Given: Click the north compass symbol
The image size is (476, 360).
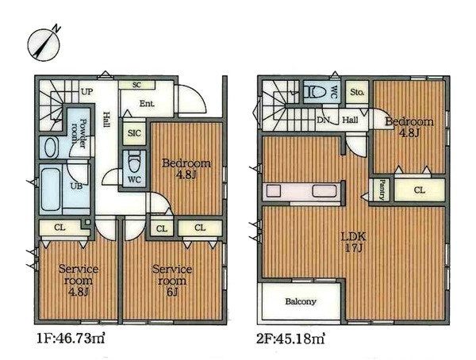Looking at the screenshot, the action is (x=44, y=44).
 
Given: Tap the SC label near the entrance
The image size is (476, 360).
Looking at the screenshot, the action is (x=136, y=85).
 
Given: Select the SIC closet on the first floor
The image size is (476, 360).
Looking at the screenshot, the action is (x=134, y=132).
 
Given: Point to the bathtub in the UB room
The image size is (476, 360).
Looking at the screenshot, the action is (x=51, y=189).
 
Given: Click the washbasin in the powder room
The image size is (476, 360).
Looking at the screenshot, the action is (x=51, y=147).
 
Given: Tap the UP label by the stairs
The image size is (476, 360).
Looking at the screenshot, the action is (x=86, y=91).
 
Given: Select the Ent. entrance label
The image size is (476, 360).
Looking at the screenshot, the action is (x=147, y=104).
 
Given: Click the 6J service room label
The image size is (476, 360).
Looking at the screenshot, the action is (x=172, y=281).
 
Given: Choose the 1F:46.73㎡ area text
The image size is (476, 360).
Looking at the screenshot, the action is (x=71, y=339).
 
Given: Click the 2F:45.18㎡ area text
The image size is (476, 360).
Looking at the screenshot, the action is (x=290, y=339).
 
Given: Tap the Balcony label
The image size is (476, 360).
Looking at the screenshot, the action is (x=301, y=301).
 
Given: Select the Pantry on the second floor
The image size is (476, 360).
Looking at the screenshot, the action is (x=382, y=190).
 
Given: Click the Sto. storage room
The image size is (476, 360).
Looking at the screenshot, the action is (x=357, y=92).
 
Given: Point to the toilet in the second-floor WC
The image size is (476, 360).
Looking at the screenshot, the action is (x=317, y=91).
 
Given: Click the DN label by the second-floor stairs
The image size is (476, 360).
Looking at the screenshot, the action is (x=324, y=121).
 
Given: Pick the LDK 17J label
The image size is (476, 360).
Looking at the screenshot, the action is (x=354, y=242).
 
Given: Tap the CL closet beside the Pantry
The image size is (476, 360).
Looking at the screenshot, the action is (x=420, y=190).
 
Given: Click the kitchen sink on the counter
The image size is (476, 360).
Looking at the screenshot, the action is (x=324, y=191).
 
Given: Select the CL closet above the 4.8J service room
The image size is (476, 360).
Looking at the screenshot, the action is (x=60, y=228).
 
